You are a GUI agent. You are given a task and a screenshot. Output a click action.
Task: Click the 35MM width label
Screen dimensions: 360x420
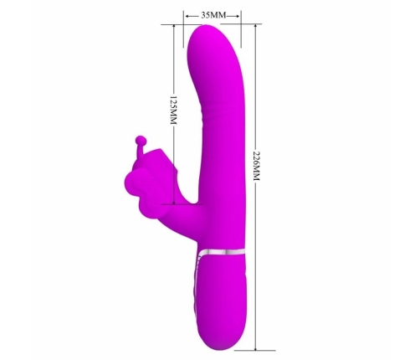(x=210, y=14)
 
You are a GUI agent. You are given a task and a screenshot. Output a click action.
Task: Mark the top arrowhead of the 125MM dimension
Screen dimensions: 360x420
(x=174, y=28)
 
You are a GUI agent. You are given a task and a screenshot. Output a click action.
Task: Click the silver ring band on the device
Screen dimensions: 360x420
(x=223, y=251)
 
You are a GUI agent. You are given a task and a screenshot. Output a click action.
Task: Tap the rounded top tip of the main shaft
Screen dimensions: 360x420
(x=210, y=31)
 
